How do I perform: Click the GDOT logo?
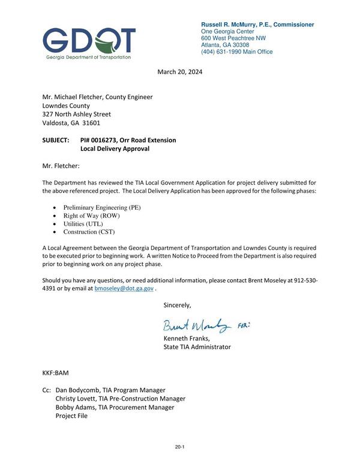tap(89, 42)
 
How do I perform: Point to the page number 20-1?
tap(179, 447)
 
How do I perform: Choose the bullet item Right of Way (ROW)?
tap(91, 216)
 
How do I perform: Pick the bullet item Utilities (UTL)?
tap(83, 223)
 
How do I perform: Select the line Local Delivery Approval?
tap(114, 148)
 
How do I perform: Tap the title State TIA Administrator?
tap(197, 347)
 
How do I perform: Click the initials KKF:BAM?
tap(55, 373)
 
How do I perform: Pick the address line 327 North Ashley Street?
tap(76, 114)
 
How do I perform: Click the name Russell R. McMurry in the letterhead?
tap(230, 25)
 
